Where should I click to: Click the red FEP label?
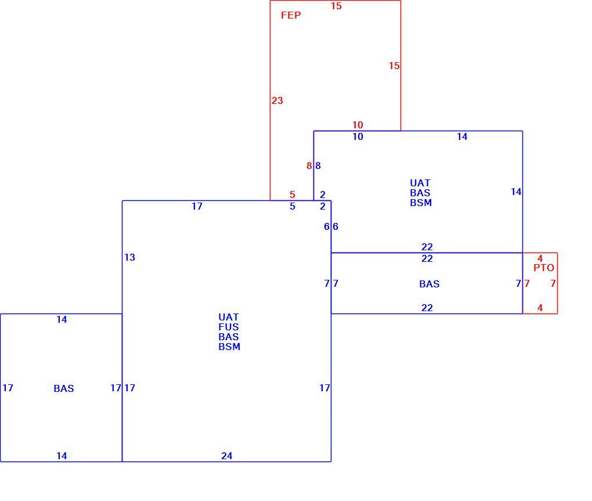[291, 15]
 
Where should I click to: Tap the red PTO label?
[544, 268]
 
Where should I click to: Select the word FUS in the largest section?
[229, 327]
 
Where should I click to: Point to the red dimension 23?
[277, 100]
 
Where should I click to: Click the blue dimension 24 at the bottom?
[226, 456]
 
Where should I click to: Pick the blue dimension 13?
[129, 257]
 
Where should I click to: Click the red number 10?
[358, 125]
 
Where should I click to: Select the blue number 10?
[358, 136]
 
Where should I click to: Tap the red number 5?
[292, 194]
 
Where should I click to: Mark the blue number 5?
[292, 206]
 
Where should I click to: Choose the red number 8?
[309, 165]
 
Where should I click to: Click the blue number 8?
[318, 165]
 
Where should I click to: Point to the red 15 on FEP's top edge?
[336, 6]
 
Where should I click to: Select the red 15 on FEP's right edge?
[394, 66]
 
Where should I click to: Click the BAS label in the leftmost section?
[63, 388]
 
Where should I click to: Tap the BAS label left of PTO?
[429, 283]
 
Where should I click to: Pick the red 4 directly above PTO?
[540, 258]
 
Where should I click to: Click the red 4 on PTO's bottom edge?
[540, 308]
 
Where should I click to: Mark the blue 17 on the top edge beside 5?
[197, 206]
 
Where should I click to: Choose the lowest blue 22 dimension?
[427, 308]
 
